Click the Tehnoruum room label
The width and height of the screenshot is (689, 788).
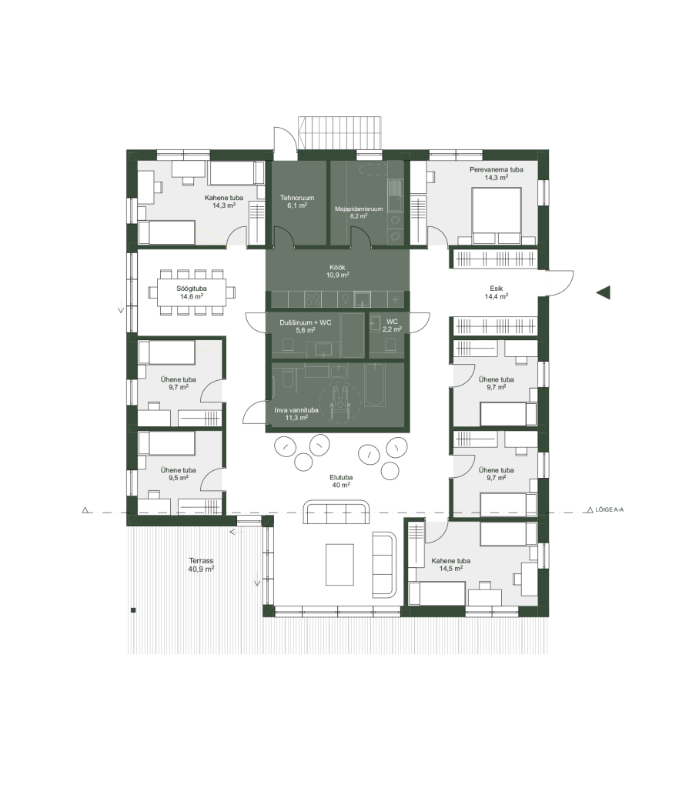click(x=296, y=202)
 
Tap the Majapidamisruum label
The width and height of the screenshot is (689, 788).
click(x=359, y=212)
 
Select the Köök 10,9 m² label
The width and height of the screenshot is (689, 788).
click(x=337, y=272)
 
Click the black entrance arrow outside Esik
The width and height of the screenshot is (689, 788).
click(x=604, y=292)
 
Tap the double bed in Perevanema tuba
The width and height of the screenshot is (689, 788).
click(x=496, y=215)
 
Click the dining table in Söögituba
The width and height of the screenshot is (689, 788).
click(x=192, y=292)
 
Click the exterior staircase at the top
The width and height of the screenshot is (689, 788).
click(x=339, y=132)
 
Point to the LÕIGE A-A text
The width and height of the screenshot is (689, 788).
click(x=609, y=509)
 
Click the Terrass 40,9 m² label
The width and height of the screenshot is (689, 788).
click(x=201, y=565)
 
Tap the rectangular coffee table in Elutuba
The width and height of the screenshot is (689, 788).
click(x=339, y=564)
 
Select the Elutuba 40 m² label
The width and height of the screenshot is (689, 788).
click(x=341, y=482)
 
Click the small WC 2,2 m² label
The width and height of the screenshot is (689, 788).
click(x=392, y=326)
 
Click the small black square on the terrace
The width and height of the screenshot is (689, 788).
click(x=133, y=610)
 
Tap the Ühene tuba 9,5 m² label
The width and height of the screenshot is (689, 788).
click(x=179, y=474)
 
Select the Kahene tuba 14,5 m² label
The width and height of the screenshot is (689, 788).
click(x=450, y=565)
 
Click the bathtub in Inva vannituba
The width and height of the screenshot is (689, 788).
click(x=375, y=385)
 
